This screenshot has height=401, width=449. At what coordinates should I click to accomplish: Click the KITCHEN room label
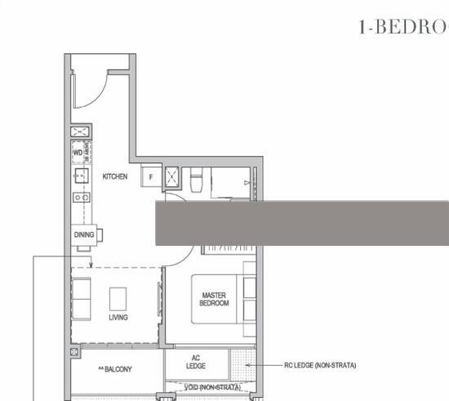[114, 176]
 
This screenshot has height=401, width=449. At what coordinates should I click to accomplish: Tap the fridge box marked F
[150, 177]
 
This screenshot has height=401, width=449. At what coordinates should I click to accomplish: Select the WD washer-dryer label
[78, 152]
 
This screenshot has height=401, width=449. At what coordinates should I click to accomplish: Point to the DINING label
[83, 235]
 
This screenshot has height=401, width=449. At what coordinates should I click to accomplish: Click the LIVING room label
[118, 318]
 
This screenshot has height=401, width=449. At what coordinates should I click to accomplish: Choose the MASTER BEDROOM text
[214, 299]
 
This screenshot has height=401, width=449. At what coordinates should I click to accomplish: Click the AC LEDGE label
[196, 362]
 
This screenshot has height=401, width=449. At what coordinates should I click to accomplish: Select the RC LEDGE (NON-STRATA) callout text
[320, 366]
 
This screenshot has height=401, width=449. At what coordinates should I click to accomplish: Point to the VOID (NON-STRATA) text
[211, 387]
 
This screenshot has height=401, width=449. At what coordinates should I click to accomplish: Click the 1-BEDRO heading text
[403, 26]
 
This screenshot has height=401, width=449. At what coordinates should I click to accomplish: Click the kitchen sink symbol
[81, 176]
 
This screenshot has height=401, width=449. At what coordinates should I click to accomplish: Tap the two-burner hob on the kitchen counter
[81, 197]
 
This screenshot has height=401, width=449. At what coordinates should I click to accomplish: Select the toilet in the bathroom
[196, 181]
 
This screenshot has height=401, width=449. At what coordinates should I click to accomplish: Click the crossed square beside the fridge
[173, 176]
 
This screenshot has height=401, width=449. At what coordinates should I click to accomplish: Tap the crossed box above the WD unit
[79, 133]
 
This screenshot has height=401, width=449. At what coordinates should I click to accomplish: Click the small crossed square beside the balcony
[75, 352]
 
